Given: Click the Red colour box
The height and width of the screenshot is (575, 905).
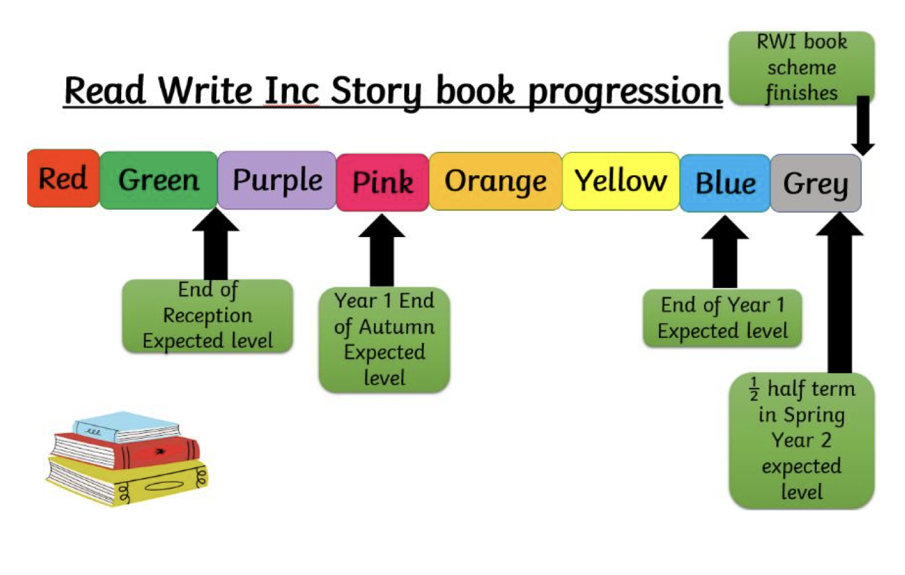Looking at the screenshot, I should pyautogui.click(x=62, y=178).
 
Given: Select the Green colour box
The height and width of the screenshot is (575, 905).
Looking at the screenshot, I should pyautogui.click(x=158, y=180).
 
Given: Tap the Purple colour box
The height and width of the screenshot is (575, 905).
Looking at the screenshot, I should pyautogui.click(x=277, y=180).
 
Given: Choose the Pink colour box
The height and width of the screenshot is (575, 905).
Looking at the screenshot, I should pyautogui.click(x=383, y=182).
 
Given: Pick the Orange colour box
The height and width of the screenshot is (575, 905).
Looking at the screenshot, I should pyautogui.click(x=495, y=182).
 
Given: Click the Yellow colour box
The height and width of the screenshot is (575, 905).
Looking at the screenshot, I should pyautogui.click(x=621, y=181).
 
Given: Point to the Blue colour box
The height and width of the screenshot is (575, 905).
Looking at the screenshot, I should pyautogui.click(x=725, y=183).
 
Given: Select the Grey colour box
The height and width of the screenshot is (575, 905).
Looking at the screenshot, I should pyautogui.click(x=815, y=183).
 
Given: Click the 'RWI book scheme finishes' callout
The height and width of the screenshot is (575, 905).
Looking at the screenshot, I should pyautogui.click(x=801, y=67).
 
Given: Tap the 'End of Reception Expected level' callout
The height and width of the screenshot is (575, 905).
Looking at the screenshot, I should pyautogui.click(x=207, y=316).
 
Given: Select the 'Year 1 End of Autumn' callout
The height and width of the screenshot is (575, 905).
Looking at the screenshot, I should pyautogui.click(x=384, y=339).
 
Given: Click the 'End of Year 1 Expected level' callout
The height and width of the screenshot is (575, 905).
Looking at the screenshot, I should pyautogui.click(x=722, y=318).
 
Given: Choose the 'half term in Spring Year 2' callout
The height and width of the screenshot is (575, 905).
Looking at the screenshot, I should pyautogui.click(x=801, y=440).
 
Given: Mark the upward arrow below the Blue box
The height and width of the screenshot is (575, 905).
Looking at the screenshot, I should pyautogui.click(x=725, y=251).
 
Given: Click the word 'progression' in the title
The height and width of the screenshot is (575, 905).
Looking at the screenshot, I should pyautogui.click(x=624, y=91).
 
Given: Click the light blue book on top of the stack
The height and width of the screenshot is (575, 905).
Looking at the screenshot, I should pyautogui.click(x=126, y=426).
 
